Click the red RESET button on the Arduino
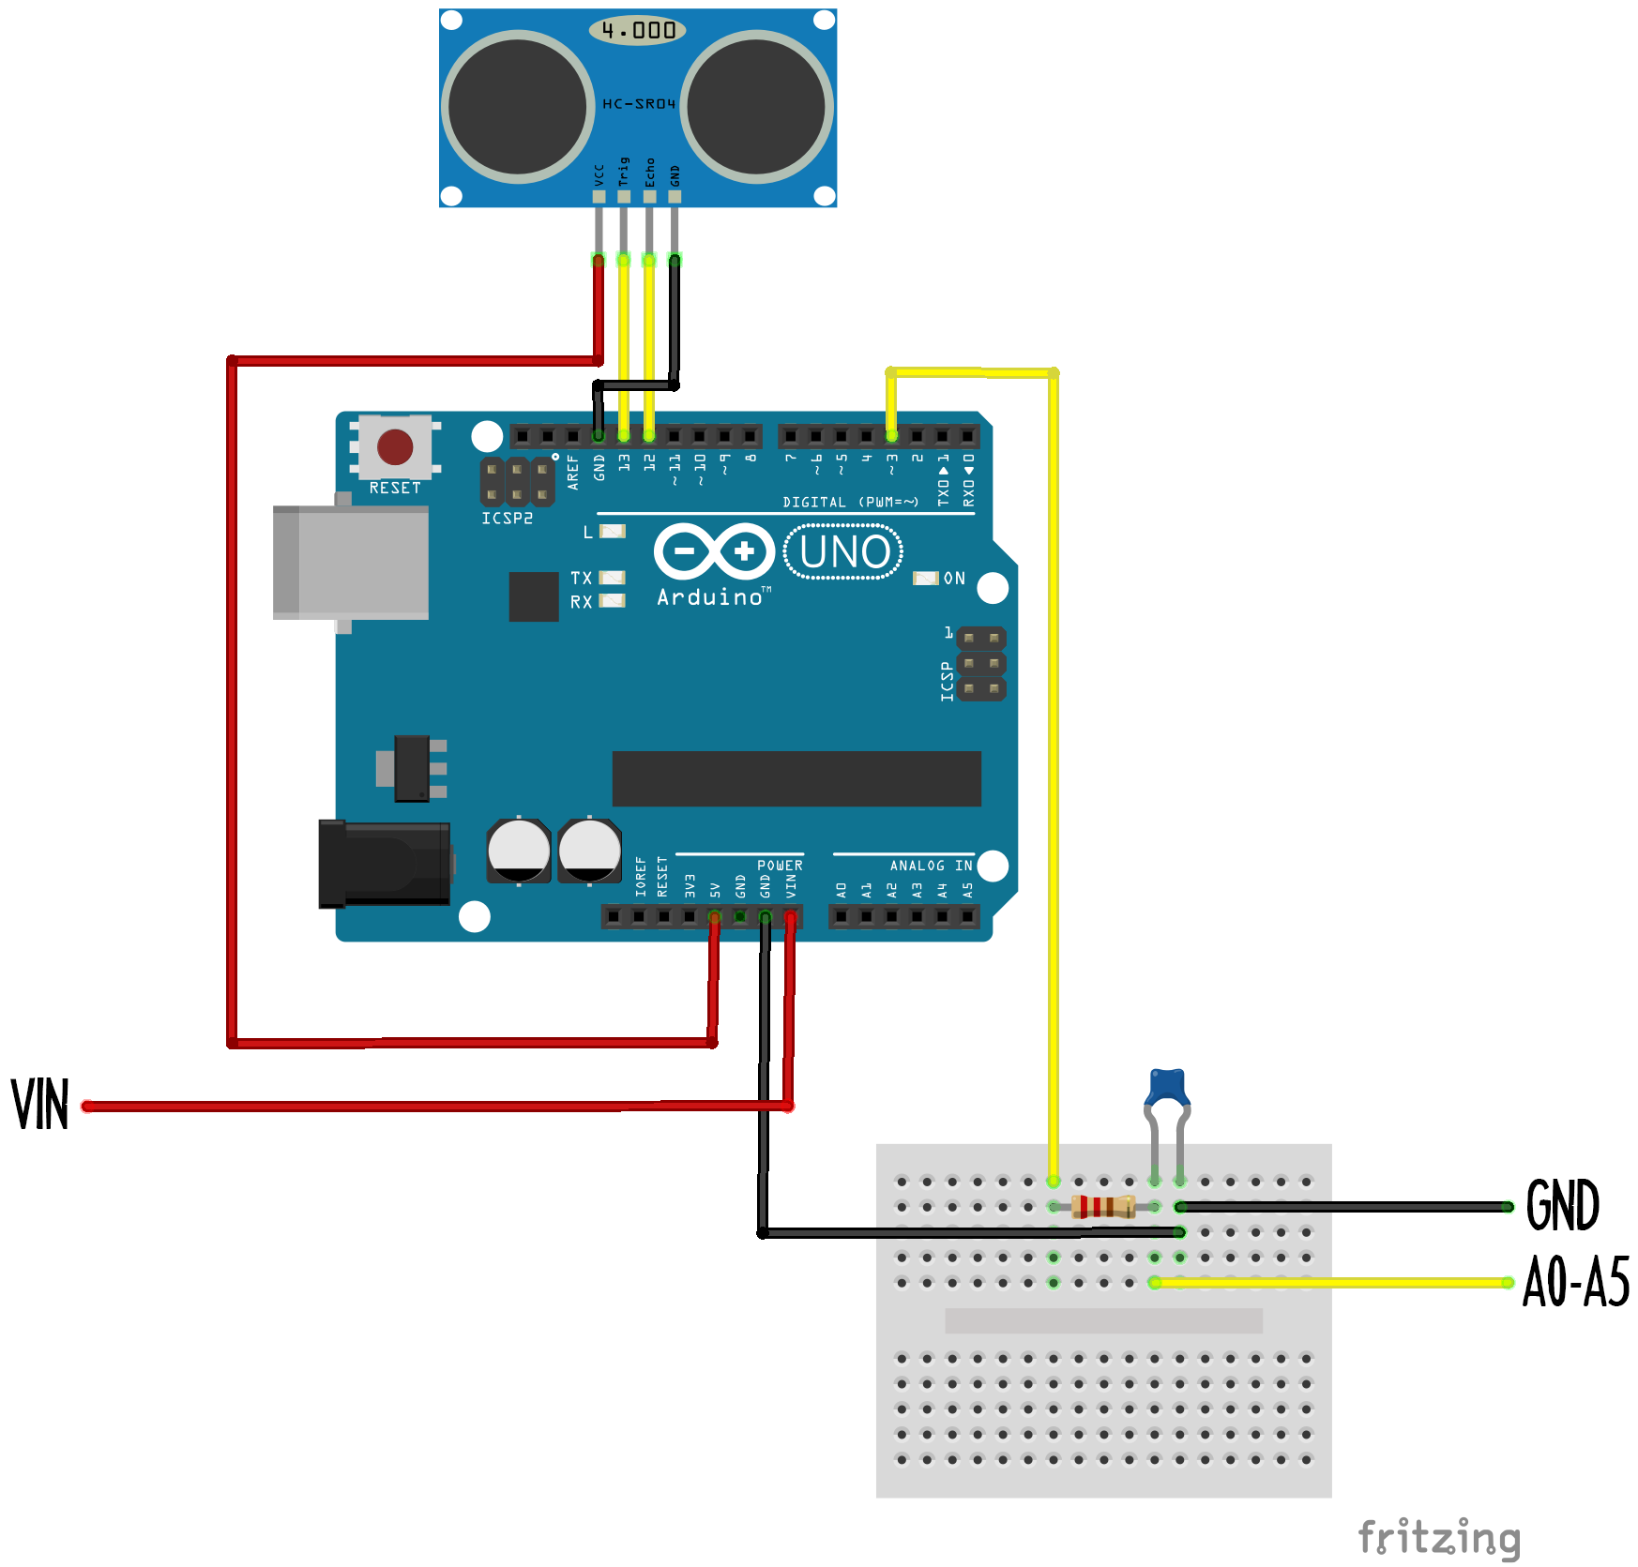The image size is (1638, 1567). click(395, 447)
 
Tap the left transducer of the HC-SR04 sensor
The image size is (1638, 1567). click(517, 107)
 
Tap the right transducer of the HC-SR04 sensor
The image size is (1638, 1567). click(756, 107)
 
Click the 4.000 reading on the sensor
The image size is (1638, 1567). click(638, 30)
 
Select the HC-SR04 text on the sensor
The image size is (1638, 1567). click(638, 104)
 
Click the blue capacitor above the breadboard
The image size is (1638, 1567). click(1167, 1088)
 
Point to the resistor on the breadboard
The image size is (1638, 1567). click(1103, 1206)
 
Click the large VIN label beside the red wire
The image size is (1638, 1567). click(40, 1105)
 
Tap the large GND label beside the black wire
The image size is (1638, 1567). click(1562, 1206)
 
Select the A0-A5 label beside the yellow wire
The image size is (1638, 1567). click(1575, 1282)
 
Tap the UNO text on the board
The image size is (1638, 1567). click(843, 552)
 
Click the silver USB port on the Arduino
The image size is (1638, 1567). click(351, 563)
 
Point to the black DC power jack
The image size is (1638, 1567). click(384, 864)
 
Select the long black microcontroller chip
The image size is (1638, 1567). click(796, 778)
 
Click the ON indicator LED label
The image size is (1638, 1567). click(953, 579)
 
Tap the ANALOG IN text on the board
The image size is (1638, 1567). click(931, 866)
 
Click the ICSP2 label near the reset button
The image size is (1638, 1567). click(507, 519)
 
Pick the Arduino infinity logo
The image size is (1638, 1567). click(714, 551)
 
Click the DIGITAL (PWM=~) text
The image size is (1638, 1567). click(850, 503)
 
